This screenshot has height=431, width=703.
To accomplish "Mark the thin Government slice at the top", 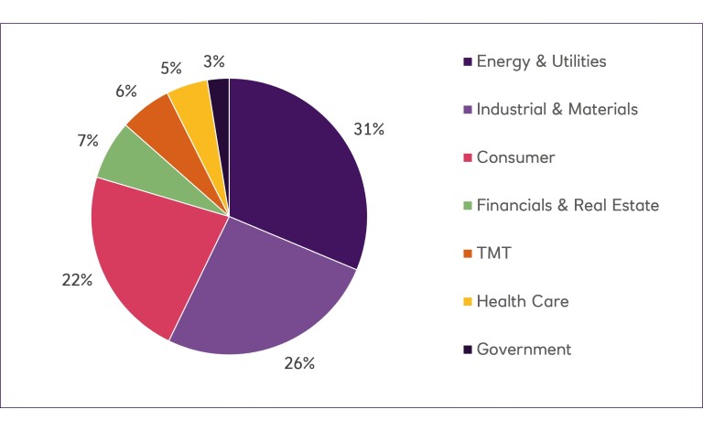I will pos(220,96).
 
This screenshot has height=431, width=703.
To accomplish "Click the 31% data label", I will pos(369,129).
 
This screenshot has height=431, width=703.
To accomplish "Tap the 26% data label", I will pos(299,363).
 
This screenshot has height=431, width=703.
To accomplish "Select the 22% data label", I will pos(77,280).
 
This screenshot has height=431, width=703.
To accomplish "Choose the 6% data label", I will pos(125,91).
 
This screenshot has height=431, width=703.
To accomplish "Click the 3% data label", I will pos(216,61).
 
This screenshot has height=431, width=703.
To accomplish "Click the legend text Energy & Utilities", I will pos(542,61).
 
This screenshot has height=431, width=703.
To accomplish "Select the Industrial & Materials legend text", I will pos(557,109).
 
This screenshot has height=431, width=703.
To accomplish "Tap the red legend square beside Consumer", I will pos(468,158).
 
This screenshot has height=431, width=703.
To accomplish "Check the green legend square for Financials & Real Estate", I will pos(468,206).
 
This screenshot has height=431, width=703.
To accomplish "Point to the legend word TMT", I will pos(494,253).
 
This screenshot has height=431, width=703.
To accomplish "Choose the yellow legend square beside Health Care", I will pos(468,302).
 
